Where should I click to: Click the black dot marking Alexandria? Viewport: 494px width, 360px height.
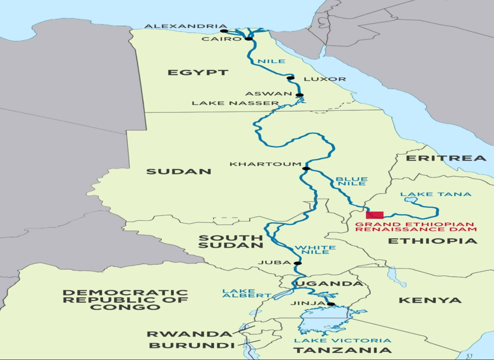224,31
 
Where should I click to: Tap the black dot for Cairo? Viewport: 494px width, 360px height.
249,38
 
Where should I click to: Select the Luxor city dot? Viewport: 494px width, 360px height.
291,78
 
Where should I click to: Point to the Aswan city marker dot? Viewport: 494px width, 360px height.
300,95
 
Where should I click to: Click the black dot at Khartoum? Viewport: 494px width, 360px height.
306,168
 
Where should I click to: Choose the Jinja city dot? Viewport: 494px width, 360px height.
331,304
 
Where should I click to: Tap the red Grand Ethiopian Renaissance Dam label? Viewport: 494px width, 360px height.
416,227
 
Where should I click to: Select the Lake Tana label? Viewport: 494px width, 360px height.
435,194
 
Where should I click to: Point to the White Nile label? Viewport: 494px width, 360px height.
315,250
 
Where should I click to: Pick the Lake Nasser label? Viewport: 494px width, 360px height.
235,103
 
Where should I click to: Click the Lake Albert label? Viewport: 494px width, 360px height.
246,293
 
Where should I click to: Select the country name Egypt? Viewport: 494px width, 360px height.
198,72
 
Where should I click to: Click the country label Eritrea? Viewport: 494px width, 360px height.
446,158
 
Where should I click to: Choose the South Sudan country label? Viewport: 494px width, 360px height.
231,242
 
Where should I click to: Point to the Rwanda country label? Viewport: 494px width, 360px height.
189,334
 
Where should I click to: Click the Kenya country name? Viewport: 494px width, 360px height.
430,300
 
